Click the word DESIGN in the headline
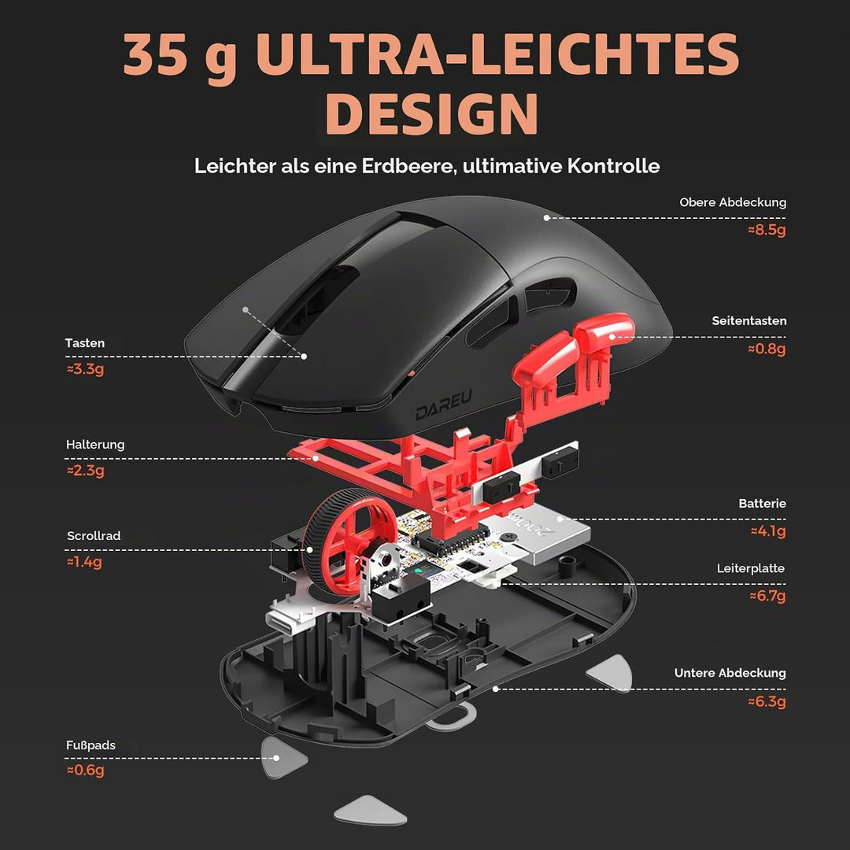tap(431, 113)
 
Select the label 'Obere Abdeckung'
tap(733, 202)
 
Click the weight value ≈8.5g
tap(767, 230)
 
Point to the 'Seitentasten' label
tap(748, 321)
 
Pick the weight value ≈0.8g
tap(767, 349)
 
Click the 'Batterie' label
tap(762, 504)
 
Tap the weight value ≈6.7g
tap(767, 597)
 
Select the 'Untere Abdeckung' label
tap(730, 673)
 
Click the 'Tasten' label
tap(84, 343)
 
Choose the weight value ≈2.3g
tap(85, 470)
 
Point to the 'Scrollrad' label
tap(93, 536)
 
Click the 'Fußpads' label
tap(91, 745)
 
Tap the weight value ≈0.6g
tap(85, 771)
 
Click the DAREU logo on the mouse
tap(443, 405)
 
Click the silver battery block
tap(548, 534)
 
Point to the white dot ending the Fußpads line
tap(276, 758)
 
